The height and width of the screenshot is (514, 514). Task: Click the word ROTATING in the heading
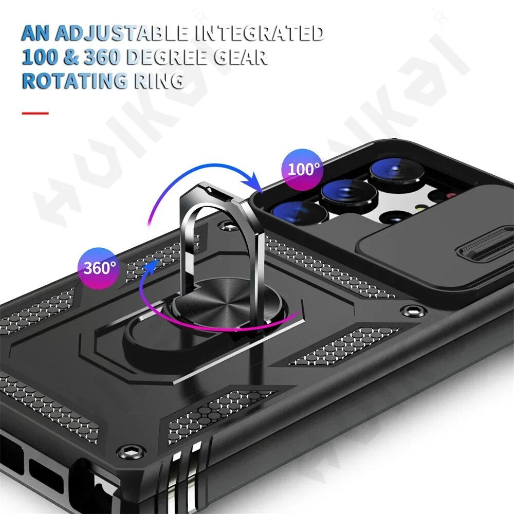click(74, 81)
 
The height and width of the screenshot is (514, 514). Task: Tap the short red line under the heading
click(35, 113)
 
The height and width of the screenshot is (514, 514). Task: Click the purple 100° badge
click(303, 168)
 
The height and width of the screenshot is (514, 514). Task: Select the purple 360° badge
click(101, 267)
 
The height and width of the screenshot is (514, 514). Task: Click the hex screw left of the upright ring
click(226, 225)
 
